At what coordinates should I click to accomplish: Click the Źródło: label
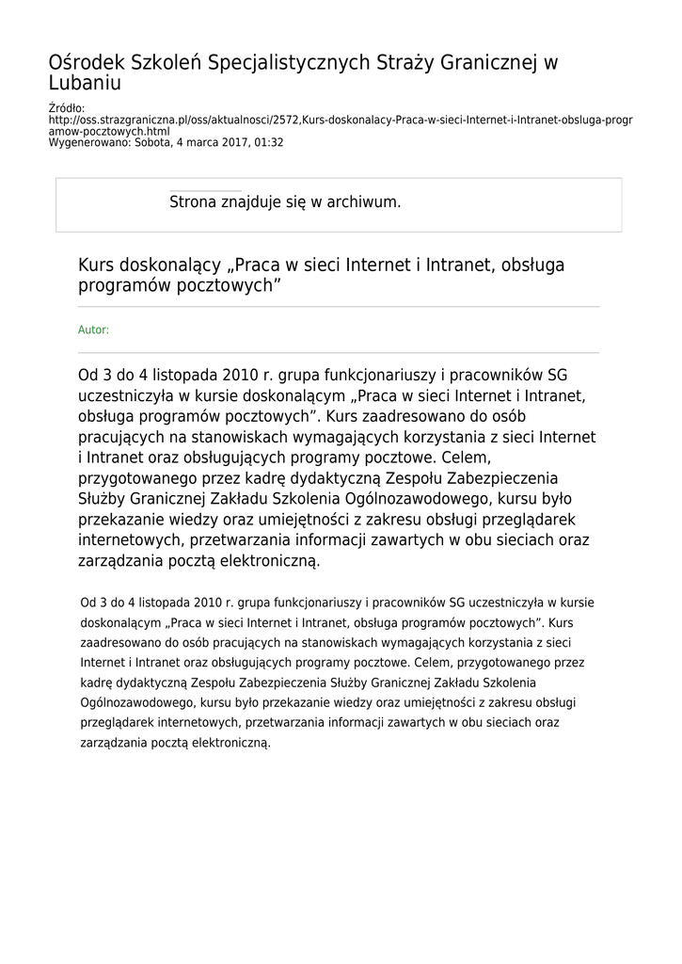point(67,109)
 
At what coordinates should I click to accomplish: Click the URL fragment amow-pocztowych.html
point(109,132)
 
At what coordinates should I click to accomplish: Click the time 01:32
point(270,143)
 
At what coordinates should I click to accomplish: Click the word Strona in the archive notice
point(194,201)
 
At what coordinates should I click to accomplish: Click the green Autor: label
point(93,330)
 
